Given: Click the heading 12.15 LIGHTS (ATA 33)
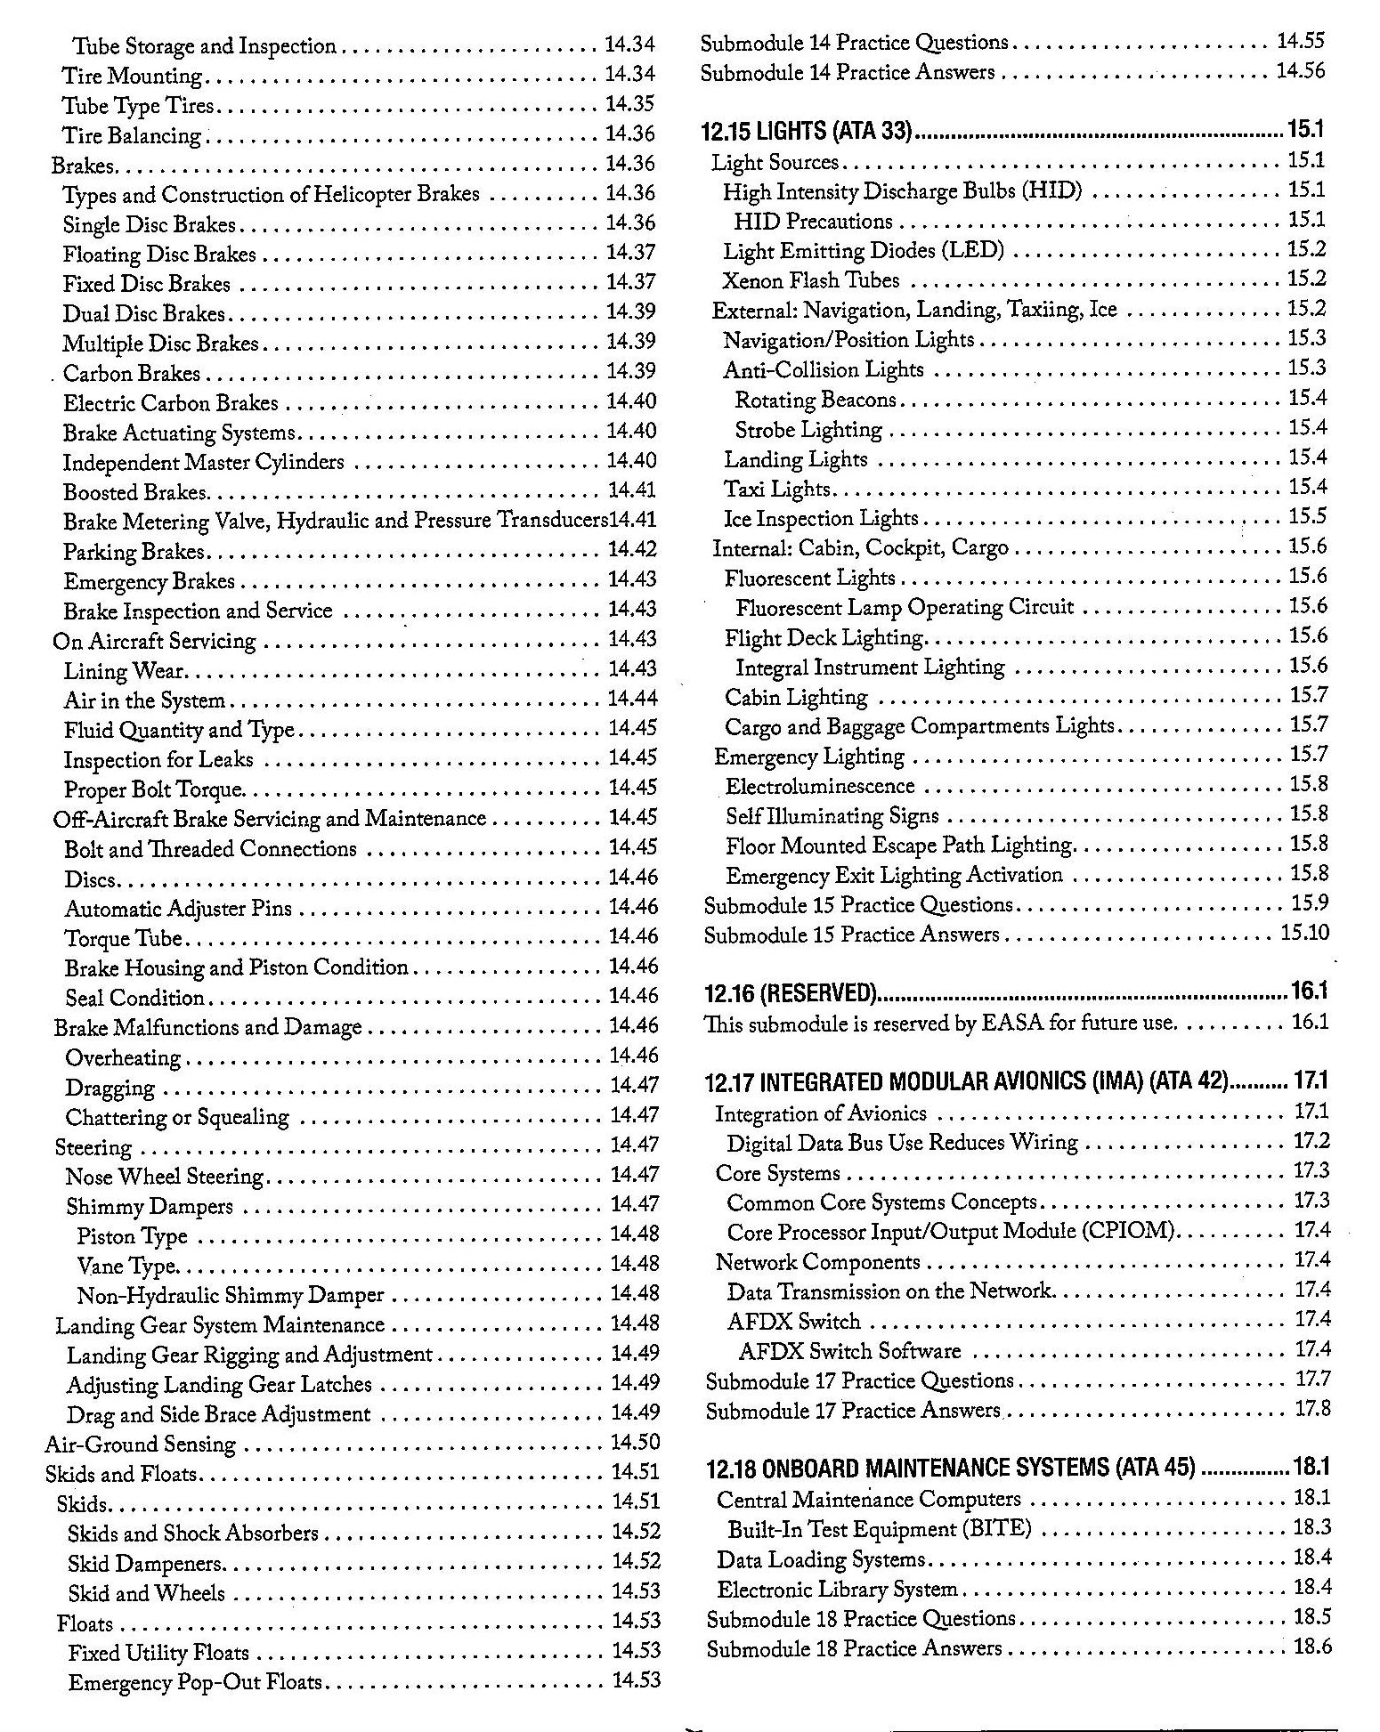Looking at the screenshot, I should pyautogui.click(x=808, y=132).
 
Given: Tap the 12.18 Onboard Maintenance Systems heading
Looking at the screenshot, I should pyautogui.click(x=950, y=1467).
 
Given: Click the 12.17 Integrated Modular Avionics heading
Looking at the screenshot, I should pyautogui.click(x=966, y=1082).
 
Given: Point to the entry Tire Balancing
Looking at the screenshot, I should pyautogui.click(x=132, y=136).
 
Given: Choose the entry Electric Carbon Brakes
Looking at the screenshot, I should pyautogui.click(x=170, y=403).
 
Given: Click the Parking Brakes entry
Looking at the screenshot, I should pyautogui.click(x=134, y=552).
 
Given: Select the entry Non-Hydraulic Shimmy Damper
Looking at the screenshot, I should pyautogui.click(x=231, y=1295).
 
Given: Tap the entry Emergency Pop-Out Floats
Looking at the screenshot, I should pyautogui.click(x=195, y=1682).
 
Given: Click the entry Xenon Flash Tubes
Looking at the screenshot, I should pyautogui.click(x=811, y=281).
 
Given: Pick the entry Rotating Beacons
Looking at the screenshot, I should pyautogui.click(x=815, y=401).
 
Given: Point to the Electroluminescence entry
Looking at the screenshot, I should pyautogui.click(x=820, y=787).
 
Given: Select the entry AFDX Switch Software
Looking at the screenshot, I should pyautogui.click(x=849, y=1351).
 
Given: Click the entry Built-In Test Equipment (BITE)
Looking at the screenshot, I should pyautogui.click(x=880, y=1529).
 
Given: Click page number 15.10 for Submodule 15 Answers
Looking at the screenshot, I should pyautogui.click(x=1304, y=933).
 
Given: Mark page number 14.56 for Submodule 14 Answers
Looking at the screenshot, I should pyautogui.click(x=1300, y=71).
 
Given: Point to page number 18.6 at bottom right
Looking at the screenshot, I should pyautogui.click(x=1312, y=1647).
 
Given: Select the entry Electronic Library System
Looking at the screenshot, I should pyautogui.click(x=837, y=1589).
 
